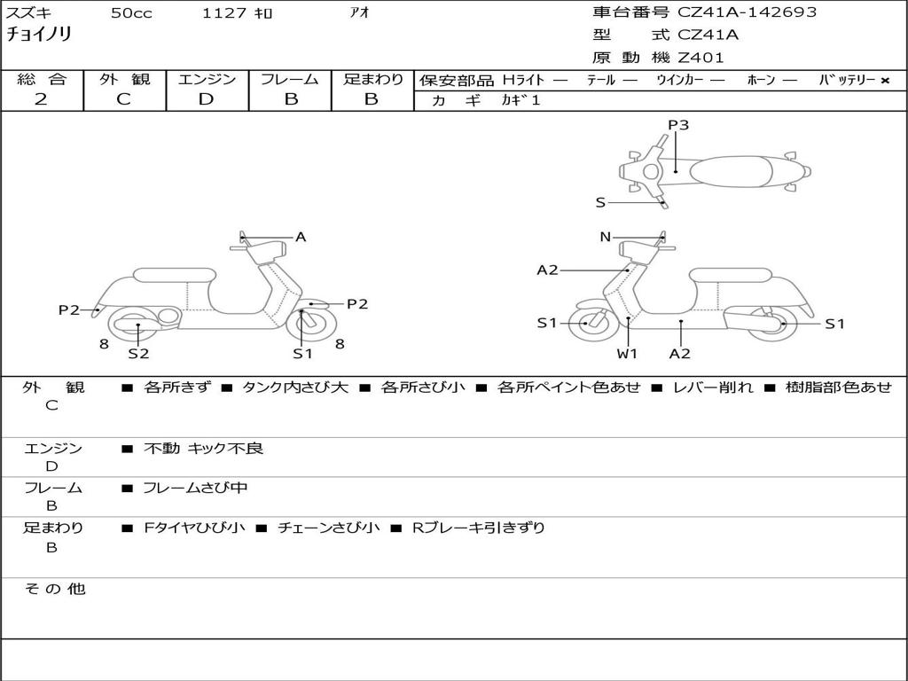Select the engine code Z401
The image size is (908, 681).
pyautogui.click(x=701, y=58)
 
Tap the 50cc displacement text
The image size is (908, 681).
pyautogui.click(x=131, y=13)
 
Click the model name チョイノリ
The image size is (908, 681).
pyautogui.click(x=39, y=35)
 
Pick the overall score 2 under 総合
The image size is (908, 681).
pyautogui.click(x=41, y=99)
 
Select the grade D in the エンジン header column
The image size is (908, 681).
pyautogui.click(x=207, y=99)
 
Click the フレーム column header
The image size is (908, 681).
pyautogui.click(x=290, y=80)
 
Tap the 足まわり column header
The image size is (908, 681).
pyautogui.click(x=372, y=80)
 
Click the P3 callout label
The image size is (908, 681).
pyautogui.click(x=678, y=125)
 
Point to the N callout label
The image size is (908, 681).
pyautogui.click(x=606, y=237)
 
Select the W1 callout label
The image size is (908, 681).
pyautogui.click(x=628, y=354)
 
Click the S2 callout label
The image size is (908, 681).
pyautogui.click(x=138, y=354)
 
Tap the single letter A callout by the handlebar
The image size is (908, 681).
pyautogui.click(x=301, y=237)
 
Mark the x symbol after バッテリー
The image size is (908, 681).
pyautogui.click(x=884, y=81)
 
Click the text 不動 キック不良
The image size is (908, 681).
pyautogui.click(x=204, y=449)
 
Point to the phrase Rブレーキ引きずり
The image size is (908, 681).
pyautogui.click(x=479, y=528)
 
